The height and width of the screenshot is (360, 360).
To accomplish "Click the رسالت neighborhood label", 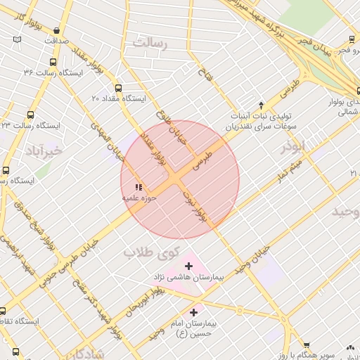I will tap(151, 44).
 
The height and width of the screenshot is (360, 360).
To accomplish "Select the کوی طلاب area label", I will tap(151, 252).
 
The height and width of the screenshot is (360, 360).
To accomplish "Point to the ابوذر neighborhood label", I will tap(293, 146).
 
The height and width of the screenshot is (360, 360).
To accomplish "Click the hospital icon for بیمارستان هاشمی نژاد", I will tap(188, 266).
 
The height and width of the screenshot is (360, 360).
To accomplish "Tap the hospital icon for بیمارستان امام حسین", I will tap(193, 311).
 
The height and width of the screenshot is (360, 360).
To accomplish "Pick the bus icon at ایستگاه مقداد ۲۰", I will tap(117, 89).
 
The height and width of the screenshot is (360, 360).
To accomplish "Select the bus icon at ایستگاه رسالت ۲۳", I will tap(30, 114).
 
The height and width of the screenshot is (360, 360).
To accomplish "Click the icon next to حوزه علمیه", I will tap(139, 188).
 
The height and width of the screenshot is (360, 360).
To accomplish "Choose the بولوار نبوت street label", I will tap(195, 206).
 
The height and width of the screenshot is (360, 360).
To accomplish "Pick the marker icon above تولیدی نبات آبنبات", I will tap(261, 103).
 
